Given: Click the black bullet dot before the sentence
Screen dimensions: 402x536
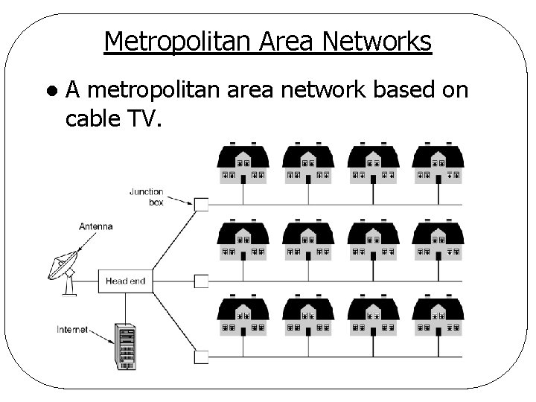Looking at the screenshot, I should [x=50, y=91].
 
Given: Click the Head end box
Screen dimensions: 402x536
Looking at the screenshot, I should [x=125, y=281].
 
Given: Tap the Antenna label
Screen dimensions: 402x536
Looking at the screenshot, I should [x=96, y=226].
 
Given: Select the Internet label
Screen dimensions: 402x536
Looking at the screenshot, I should [x=72, y=329].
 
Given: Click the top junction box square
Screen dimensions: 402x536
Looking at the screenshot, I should [x=201, y=203].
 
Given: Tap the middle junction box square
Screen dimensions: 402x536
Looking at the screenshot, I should [x=201, y=281].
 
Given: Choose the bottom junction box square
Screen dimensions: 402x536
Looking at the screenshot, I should [x=201, y=357].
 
